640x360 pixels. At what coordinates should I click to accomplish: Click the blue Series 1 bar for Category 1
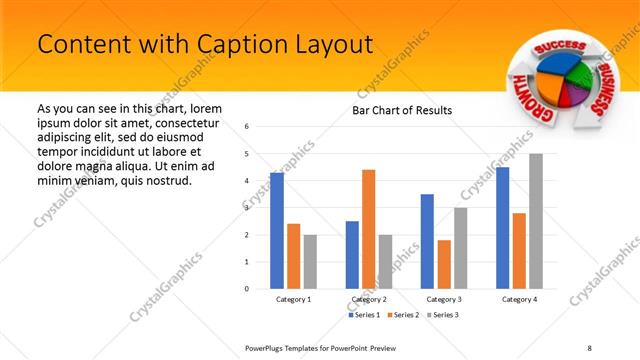pyautogui.click(x=276, y=230)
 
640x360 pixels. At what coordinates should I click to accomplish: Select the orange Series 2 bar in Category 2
pyautogui.click(x=368, y=228)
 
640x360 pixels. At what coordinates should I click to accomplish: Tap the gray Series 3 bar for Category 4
pyautogui.click(x=536, y=221)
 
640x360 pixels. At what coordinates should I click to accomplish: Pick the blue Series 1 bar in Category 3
pyautogui.click(x=427, y=241)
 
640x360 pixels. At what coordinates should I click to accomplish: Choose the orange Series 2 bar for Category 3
pyautogui.click(x=444, y=264)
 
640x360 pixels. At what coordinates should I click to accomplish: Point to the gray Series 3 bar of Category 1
pyautogui.click(x=310, y=261)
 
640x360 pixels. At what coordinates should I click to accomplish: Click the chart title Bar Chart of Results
pyautogui.click(x=402, y=110)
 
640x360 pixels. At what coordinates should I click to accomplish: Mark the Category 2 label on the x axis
pyautogui.click(x=368, y=299)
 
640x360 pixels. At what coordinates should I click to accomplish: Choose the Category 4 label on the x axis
pyautogui.click(x=519, y=299)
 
